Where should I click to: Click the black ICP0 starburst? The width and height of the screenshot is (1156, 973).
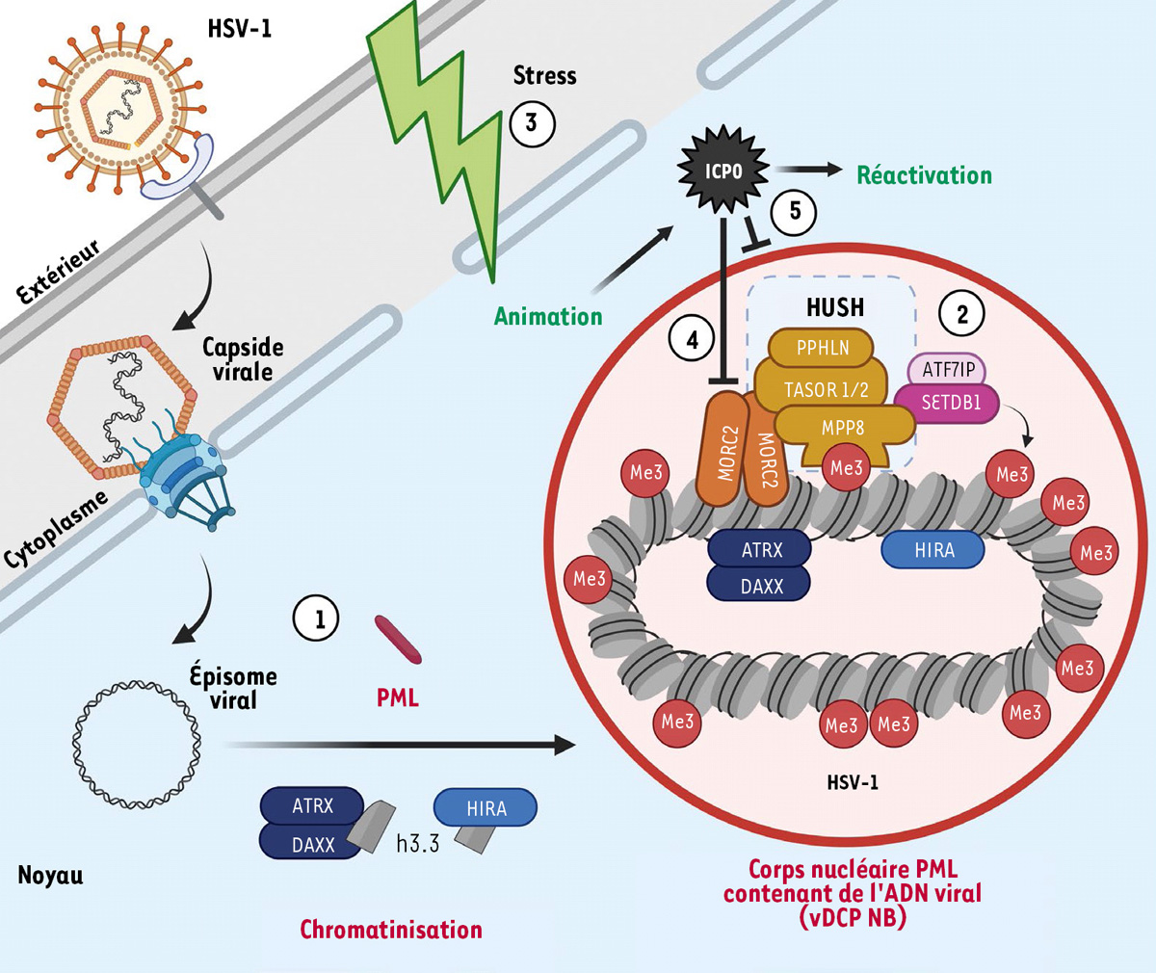[723, 171]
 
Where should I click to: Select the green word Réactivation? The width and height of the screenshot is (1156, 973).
[924, 175]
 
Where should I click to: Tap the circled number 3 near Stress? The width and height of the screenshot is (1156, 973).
[531, 123]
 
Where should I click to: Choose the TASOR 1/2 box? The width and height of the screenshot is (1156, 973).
[825, 389]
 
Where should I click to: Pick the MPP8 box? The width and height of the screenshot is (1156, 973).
[842, 428]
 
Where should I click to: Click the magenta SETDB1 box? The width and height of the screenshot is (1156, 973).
[950, 403]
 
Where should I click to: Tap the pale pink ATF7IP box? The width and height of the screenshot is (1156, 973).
[948, 369]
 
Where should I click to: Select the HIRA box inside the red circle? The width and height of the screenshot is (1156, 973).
[933, 550]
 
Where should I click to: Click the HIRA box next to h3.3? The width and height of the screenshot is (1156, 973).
[486, 808]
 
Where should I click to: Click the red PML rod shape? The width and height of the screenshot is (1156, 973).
[398, 640]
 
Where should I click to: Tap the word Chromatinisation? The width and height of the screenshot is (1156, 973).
[391, 930]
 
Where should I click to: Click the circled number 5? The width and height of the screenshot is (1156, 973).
[795, 211]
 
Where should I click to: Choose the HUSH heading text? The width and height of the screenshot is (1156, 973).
[834, 307]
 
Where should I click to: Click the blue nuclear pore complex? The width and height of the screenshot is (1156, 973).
[189, 486]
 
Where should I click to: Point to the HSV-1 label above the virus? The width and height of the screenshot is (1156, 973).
[240, 28]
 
